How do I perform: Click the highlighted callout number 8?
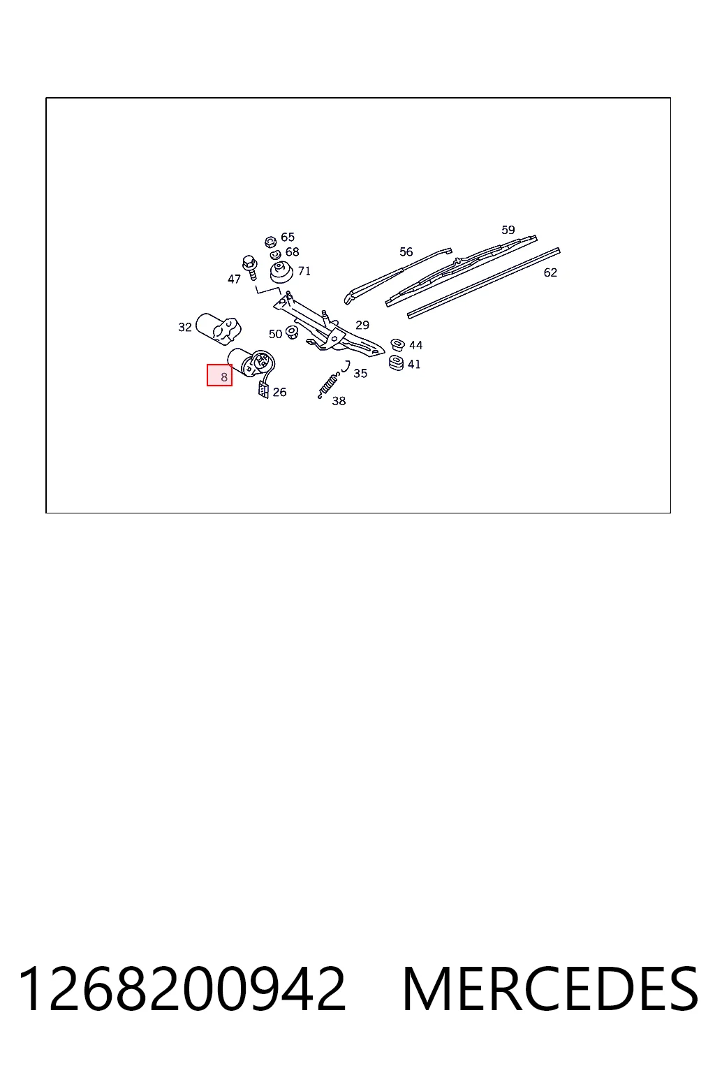223,377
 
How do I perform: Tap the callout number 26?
279,393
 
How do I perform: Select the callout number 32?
185,327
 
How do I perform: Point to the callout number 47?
234,279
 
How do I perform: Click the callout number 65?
288,237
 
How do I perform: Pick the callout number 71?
304,271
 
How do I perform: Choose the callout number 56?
406,252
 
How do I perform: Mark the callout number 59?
508,230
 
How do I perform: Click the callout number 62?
550,272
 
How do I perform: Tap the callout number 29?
362,326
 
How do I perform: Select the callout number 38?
339,401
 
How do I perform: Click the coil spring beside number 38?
329,386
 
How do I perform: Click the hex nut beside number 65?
270,242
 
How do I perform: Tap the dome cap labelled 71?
281,272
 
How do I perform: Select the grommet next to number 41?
397,363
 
